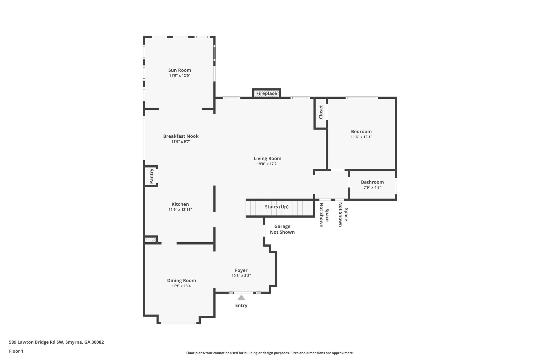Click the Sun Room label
pos(180,70)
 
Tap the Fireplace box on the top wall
pos(267,93)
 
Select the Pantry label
pos(152,176)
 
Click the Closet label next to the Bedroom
pos(321,112)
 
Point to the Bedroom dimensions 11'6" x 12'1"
pos(361,137)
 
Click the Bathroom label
pos(372,182)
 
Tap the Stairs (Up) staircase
pos(277,207)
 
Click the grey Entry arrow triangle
pos(241,297)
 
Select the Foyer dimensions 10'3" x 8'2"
pos(241,276)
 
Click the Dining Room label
pos(181,281)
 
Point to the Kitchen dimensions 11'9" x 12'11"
pos(180,210)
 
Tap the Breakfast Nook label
pos(181,136)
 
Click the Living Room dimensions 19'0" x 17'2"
pos(267,164)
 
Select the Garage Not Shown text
pos(282,229)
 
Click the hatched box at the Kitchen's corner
pos(150,240)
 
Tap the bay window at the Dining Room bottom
pos(179,323)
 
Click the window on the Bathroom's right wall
pos(396,186)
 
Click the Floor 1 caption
pos(16,351)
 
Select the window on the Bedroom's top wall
pos(361,98)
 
